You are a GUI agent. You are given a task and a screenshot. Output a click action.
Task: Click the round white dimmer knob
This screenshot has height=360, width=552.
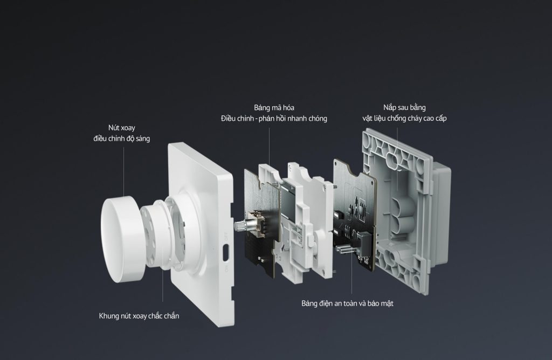[x=122, y=223]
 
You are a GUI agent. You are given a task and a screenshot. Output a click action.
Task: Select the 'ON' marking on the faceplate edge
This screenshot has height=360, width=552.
[x=226, y=267]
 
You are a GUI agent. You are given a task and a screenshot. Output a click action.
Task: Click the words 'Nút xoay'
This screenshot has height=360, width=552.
[x=121, y=128]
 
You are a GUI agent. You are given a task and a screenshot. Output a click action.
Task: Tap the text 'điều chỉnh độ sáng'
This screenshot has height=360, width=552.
[x=121, y=139]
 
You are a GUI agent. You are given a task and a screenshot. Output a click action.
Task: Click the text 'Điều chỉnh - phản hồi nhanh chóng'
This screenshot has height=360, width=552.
[x=274, y=119]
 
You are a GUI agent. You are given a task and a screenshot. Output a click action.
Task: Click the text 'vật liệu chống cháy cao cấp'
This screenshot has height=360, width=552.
[x=404, y=119]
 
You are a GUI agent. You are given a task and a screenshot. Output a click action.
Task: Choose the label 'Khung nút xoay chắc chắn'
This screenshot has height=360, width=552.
[x=139, y=316]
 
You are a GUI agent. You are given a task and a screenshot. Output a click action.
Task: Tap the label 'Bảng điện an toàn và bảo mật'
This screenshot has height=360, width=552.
[x=347, y=303]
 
